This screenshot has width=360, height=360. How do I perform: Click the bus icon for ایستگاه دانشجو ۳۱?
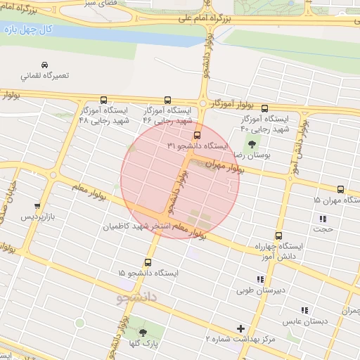pyautogui.click(x=196, y=135)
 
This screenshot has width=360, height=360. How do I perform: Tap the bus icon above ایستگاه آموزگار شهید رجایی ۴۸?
pyautogui.click(x=104, y=100)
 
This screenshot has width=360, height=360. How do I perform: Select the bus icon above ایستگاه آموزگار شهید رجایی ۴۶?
pyautogui.click(x=167, y=100)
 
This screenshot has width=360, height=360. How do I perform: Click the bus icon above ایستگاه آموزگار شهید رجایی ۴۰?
pyautogui.click(x=264, y=108)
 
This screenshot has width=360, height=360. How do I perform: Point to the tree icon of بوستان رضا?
pyautogui.click(x=252, y=143)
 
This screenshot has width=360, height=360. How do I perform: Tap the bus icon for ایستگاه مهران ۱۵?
pyautogui.click(x=340, y=189)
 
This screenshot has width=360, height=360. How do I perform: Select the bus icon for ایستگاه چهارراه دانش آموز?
pyautogui.click(x=278, y=236)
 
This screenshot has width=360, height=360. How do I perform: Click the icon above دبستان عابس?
pyautogui.click(x=304, y=310)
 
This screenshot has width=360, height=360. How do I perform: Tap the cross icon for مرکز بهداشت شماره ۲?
pyautogui.click(x=241, y=328)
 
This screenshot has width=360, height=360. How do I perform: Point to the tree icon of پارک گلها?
pyautogui.click(x=143, y=332)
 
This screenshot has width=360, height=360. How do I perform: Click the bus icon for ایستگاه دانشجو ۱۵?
pyautogui.click(x=148, y=262)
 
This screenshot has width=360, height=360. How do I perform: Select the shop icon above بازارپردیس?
pyautogui.click(x=37, y=206)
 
